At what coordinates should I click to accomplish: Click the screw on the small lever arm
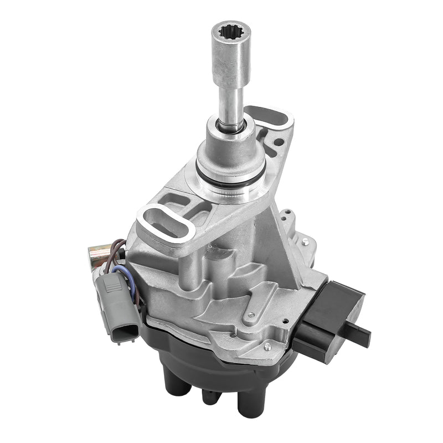pyautogui.click(x=251, y=316)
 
